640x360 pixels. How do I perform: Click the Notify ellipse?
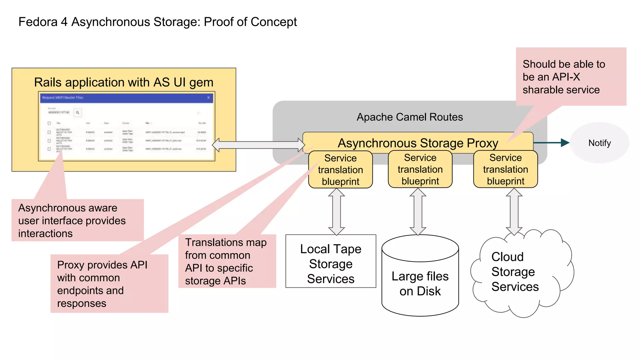pyautogui.click(x=599, y=143)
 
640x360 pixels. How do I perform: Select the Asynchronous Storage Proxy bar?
pyautogui.click(x=418, y=143)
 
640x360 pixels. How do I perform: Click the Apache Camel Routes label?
pyautogui.click(x=409, y=117)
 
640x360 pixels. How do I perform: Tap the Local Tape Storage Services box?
pyautogui.click(x=331, y=261)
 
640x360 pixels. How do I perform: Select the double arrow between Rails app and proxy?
pyautogui.click(x=258, y=145)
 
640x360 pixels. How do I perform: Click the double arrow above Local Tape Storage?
pyautogui.click(x=337, y=212)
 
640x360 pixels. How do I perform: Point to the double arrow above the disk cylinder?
pyautogui.click(x=418, y=212)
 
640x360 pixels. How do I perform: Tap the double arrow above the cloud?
pyautogui.click(x=514, y=212)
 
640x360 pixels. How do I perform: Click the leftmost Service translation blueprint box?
pyautogui.click(x=340, y=170)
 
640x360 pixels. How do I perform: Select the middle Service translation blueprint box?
pyautogui.click(x=420, y=169)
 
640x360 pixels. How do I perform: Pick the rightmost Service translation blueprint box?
pyautogui.click(x=505, y=169)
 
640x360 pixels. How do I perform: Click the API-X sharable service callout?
pyautogui.click(x=571, y=77)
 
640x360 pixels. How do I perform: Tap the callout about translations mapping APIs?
pyautogui.click(x=227, y=261)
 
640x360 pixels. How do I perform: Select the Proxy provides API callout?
pyautogui.click(x=109, y=284)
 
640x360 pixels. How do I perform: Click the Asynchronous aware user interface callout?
pyautogui.click(x=77, y=220)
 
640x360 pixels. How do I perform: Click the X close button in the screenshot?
pyautogui.click(x=208, y=98)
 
